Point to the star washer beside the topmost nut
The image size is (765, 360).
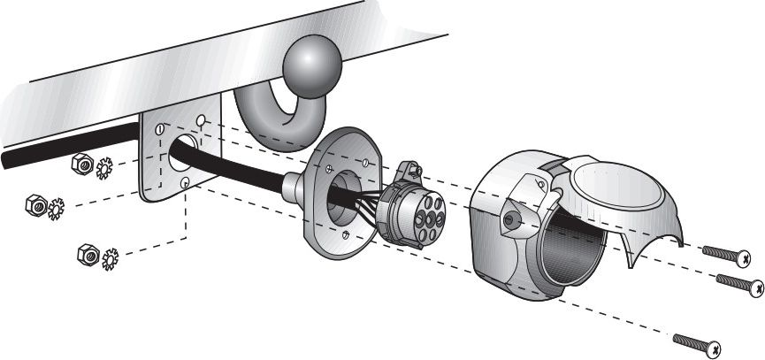pyautogui.click(x=103, y=167)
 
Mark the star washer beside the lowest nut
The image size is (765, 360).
pyautogui.click(x=111, y=259)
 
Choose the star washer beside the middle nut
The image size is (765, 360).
pyautogui.click(x=57, y=210)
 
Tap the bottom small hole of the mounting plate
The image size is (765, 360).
pyautogui.click(x=184, y=183)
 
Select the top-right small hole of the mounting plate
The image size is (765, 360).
pyautogui.click(x=202, y=119)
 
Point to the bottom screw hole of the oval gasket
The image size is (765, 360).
pyautogui.click(x=351, y=234)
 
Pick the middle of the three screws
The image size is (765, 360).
pyautogui.click(x=738, y=284)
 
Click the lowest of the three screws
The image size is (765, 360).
pyautogui.click(x=698, y=341)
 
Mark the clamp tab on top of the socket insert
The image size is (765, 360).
pyautogui.click(x=409, y=172)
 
